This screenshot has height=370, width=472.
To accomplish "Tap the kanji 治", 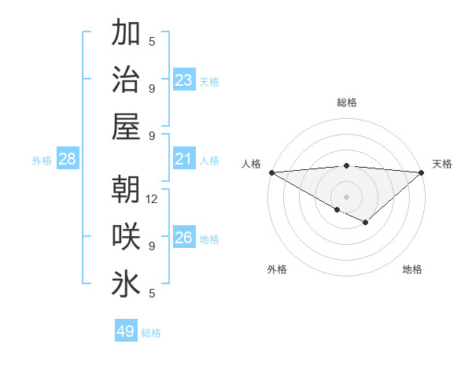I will coord(126,79).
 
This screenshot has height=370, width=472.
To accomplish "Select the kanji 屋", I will coord(126,125).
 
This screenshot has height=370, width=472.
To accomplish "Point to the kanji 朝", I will coord(126,190).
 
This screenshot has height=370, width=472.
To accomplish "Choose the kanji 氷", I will coord(126,283).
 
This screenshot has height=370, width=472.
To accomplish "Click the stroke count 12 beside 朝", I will coord(153,199).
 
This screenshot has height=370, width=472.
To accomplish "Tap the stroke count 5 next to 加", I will coord(152,42).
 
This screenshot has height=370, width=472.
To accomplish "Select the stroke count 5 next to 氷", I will coord(152,293).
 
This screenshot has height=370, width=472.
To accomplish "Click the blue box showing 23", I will coord(184,80).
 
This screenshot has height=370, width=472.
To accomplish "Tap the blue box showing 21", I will coord(184,160).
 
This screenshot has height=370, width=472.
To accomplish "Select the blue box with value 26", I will coord(184,238).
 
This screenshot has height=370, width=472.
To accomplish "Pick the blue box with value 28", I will coord(67,160).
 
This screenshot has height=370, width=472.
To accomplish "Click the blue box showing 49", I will coord(125,331).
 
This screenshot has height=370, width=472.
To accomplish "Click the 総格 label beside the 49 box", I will coord(151,333).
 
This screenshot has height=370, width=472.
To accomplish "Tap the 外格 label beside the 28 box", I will coord(42,161).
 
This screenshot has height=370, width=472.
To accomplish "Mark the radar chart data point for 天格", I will coord(422,172).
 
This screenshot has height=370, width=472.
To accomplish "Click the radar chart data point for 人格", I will coord(271,172).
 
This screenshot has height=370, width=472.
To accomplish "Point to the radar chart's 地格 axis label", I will coord(412,269).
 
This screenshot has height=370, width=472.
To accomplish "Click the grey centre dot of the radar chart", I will coord(346,196).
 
